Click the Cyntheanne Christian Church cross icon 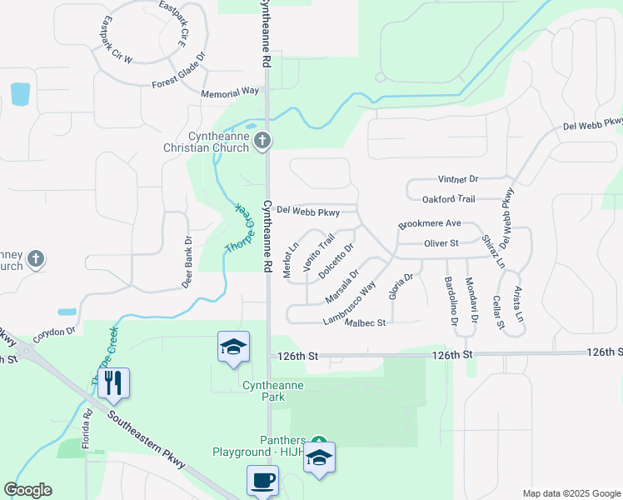pyautogui.click(x=262, y=140)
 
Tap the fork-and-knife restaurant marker pyautogui.click(x=115, y=383)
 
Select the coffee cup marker pyautogui.click(x=263, y=481)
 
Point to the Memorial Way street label pyautogui.click(x=230, y=92)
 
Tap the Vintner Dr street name pyautogui.click(x=459, y=179)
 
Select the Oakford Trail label pyautogui.click(x=448, y=199)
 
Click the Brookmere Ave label pyautogui.click(x=430, y=224)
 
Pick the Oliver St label pyautogui.click(x=441, y=243)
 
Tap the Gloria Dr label pyautogui.click(x=397, y=287)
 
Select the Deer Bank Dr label pyautogui.click(x=187, y=262)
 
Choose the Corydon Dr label pyautogui.click(x=55, y=331)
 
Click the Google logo pyautogui.click(x=27, y=490)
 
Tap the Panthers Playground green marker pyautogui.click(x=317, y=440)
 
